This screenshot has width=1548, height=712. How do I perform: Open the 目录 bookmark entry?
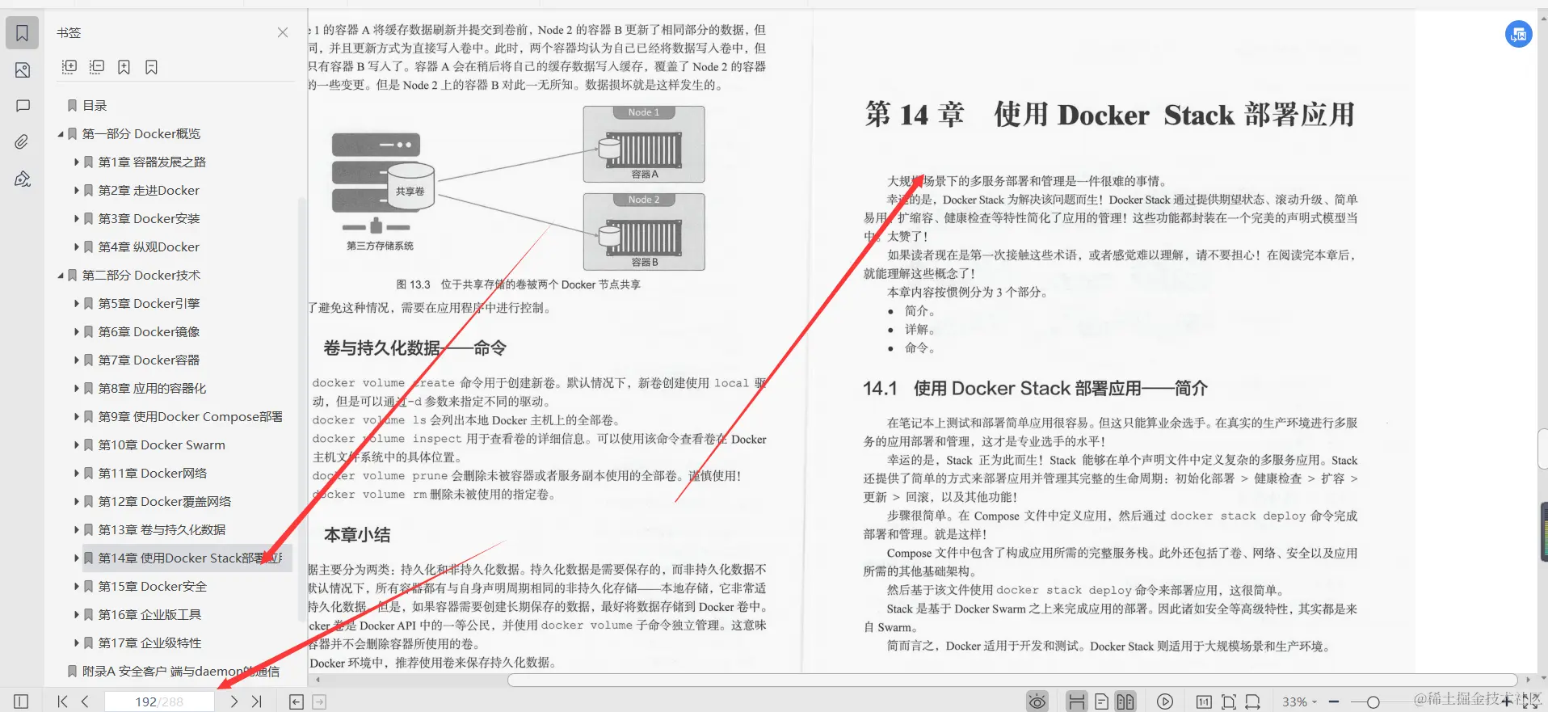[x=95, y=106]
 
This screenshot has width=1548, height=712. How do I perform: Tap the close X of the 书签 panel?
[x=283, y=33]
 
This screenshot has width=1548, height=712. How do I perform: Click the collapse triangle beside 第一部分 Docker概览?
[x=61, y=134]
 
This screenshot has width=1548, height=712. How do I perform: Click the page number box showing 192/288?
[x=159, y=701]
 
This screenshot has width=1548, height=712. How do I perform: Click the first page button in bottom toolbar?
[x=63, y=701]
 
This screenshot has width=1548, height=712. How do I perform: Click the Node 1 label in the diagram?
[x=644, y=112]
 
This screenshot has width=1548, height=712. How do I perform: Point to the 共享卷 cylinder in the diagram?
[x=410, y=191]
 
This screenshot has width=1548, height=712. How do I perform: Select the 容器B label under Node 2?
[x=645, y=262]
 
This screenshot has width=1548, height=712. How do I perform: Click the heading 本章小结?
[x=357, y=535]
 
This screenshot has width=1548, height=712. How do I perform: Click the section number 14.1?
[x=880, y=389]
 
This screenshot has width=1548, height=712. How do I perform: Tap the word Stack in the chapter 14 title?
[x=1199, y=116]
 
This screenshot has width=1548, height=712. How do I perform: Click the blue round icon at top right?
[x=1518, y=34]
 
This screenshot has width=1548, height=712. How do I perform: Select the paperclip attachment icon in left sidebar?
[x=22, y=142]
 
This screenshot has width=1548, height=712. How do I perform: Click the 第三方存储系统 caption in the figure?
[x=380, y=246]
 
